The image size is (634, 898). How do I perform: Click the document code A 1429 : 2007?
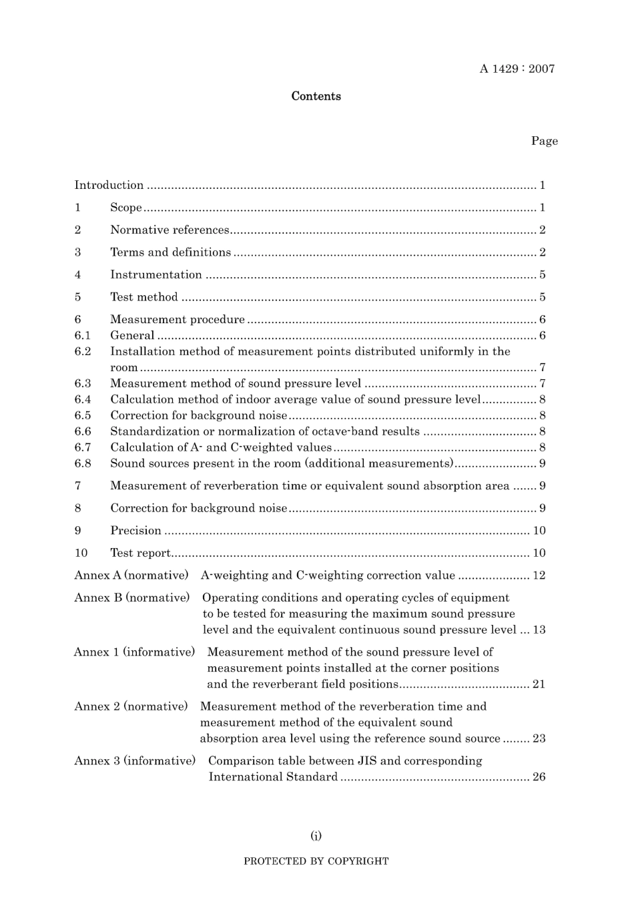tap(517, 69)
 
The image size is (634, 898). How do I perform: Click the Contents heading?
tap(316, 96)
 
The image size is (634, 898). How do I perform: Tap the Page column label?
tap(544, 141)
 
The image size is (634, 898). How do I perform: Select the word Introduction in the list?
tap(109, 186)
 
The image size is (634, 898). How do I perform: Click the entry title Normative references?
tap(170, 230)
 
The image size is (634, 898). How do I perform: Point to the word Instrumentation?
tap(155, 275)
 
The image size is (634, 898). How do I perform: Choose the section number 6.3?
tap(83, 384)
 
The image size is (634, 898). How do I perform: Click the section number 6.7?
tap(83, 448)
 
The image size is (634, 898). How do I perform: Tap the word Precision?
tap(135, 531)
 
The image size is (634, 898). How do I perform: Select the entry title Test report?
tap(140, 553)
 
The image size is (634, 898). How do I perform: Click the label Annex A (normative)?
tap(131, 576)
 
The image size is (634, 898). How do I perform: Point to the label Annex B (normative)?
tap(132, 598)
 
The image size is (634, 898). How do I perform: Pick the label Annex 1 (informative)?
tap(134, 652)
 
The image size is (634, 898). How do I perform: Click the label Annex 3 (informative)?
tap(135, 761)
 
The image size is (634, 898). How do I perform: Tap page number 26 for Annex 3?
tap(539, 777)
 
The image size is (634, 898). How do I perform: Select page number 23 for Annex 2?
tap(539, 739)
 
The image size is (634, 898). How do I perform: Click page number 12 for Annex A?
tap(539, 576)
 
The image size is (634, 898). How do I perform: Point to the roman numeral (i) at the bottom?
tap(316, 836)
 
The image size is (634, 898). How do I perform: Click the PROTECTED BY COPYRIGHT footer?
tap(316, 861)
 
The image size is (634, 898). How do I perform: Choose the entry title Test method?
tap(144, 298)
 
